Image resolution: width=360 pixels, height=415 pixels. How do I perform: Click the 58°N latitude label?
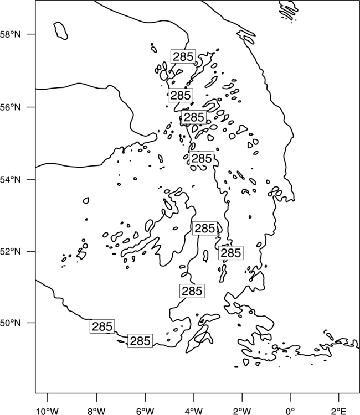tap(11, 34)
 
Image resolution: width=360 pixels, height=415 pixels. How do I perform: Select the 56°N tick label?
tap(11, 107)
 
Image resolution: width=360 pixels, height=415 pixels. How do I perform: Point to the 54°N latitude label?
tap(11, 180)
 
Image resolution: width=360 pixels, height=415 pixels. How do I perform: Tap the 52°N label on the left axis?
tap(11, 251)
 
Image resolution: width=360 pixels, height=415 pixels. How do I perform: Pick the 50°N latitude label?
tap(11, 323)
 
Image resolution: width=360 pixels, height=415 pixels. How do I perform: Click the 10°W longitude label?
tap(47, 411)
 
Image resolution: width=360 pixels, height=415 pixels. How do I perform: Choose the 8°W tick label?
tap(96, 411)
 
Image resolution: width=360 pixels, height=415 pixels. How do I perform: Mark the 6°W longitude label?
tap(145, 411)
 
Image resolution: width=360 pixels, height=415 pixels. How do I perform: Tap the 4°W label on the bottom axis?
tap(194, 411)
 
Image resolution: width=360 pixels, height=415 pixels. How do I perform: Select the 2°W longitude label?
tap(242, 411)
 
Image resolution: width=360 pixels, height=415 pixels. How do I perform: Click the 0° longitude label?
tap(290, 411)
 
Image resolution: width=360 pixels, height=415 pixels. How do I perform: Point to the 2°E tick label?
tap(338, 411)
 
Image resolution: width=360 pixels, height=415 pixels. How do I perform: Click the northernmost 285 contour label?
tap(183, 56)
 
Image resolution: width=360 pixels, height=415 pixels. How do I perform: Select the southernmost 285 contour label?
tap(140, 341)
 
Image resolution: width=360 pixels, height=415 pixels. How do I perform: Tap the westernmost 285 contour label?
tap(102, 326)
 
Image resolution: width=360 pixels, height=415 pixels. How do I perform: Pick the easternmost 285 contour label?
tap(231, 253)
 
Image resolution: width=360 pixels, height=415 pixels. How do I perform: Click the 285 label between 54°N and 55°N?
tap(202, 158)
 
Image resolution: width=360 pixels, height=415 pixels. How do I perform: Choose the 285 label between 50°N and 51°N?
tap(192, 291)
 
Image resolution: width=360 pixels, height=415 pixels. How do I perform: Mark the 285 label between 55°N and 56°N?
tap(194, 117)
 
